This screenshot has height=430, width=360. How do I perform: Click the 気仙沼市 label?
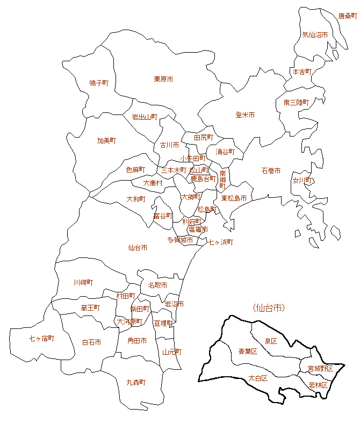pos(315,35)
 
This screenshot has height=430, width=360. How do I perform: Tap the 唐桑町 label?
pos(347,16)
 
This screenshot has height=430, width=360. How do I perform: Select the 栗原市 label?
pos(163,79)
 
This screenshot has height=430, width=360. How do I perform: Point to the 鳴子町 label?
pos(99,83)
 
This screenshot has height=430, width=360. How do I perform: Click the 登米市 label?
pos(245,115)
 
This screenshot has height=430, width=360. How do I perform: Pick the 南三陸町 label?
pos(296,102)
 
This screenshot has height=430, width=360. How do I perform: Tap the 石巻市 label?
pos(271,170)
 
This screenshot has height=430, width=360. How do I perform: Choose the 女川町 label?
pos(303,181)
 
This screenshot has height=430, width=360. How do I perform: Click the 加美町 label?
pos(106,140)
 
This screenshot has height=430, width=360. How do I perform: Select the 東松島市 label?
pos(234,198)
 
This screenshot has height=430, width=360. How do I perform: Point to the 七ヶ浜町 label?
pos(221,242)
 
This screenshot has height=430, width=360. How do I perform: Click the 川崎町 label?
pos(83,282)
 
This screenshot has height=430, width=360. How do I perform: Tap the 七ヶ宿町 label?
pos(41,339)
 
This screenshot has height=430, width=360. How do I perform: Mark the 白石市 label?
pos(91,342)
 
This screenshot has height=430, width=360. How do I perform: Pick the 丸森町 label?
pos(136,382)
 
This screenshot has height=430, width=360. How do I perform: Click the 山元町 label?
pos(172,352)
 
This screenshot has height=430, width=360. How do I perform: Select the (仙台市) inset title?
pos(268,308)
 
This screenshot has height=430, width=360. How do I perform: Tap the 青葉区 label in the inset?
pos(248,352)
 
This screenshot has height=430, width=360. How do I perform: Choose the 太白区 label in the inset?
pos(258,378)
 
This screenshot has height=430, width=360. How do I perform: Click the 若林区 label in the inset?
pos(318,385)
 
